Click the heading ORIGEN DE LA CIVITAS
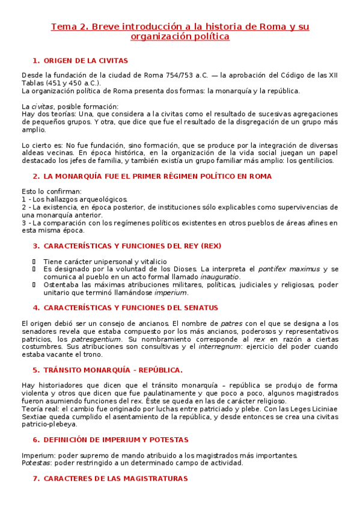[x=86, y=61]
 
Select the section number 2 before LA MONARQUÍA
[x=35, y=176]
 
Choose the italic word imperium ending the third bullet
[x=171, y=293]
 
